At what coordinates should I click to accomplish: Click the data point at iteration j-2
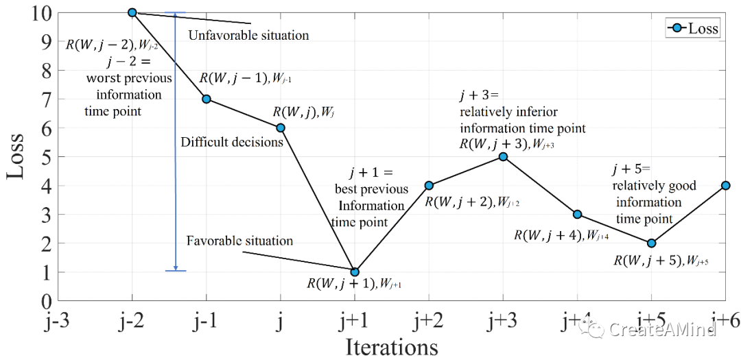pyautogui.click(x=132, y=12)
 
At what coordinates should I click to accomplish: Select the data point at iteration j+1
pyautogui.click(x=355, y=272)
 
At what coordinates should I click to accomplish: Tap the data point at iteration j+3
pyautogui.click(x=503, y=156)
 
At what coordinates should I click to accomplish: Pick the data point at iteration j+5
pyautogui.click(x=651, y=243)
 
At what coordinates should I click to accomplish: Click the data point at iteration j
pyautogui.click(x=280, y=128)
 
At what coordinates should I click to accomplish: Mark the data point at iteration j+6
pyautogui.click(x=725, y=185)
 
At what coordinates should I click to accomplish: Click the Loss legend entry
pyautogui.click(x=693, y=29)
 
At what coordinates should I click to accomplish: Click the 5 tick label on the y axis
pyautogui.click(x=45, y=157)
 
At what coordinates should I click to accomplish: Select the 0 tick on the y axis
pyautogui.click(x=45, y=301)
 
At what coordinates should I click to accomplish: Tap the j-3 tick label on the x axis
pyautogui.click(x=58, y=322)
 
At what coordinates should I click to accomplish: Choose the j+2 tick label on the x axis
pyautogui.click(x=428, y=322)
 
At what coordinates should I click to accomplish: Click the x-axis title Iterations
pyautogui.click(x=391, y=346)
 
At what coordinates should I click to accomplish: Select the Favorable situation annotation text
pyautogui.click(x=239, y=241)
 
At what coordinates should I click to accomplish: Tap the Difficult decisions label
pyautogui.click(x=232, y=143)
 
